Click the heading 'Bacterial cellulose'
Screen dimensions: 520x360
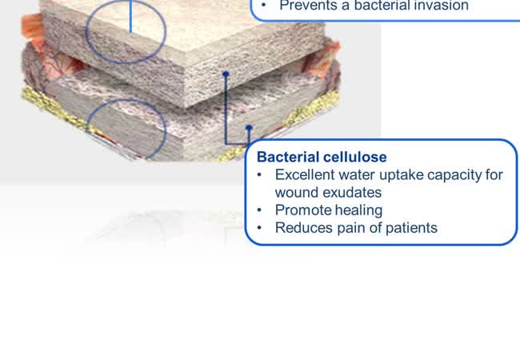coord(322,157)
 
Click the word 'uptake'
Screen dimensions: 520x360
coord(402,175)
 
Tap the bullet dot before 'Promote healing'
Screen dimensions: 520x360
coord(259,210)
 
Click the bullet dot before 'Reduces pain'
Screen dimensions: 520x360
coord(259,228)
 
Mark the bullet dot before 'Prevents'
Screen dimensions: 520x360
coord(264,6)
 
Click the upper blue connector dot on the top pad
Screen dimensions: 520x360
coord(226,74)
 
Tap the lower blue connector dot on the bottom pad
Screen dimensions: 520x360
coord(249,127)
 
